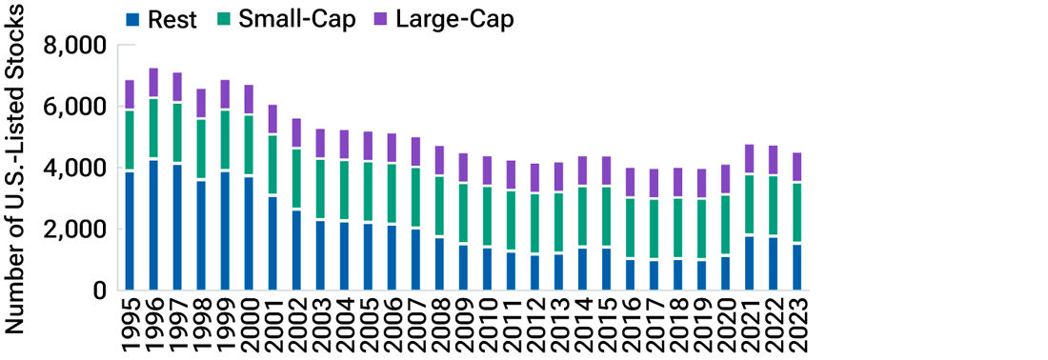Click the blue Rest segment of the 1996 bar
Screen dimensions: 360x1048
coord(152,225)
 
